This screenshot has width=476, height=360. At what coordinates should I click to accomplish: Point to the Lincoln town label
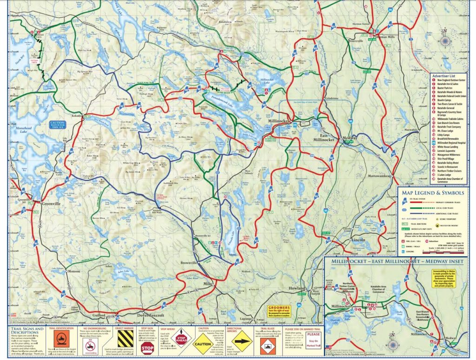359,240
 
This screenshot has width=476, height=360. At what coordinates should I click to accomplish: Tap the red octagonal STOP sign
147,348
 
